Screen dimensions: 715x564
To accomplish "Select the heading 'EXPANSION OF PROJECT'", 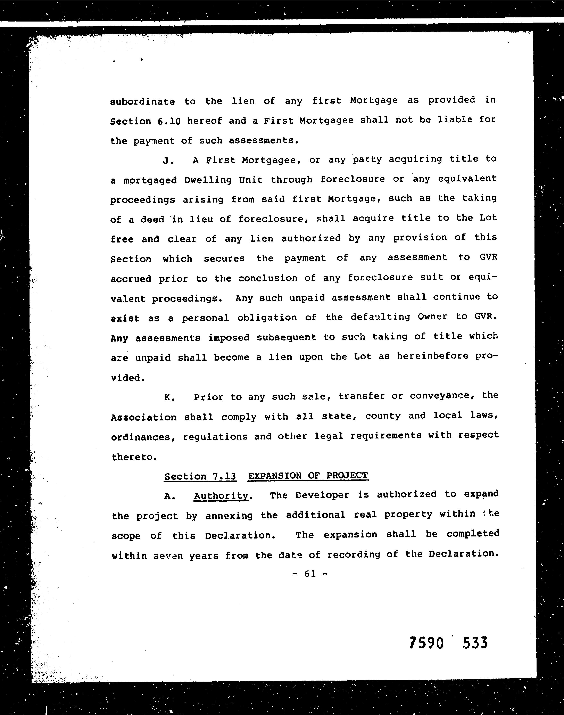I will pyautogui.click(x=308, y=476).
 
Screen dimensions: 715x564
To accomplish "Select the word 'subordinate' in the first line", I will pyautogui.click(x=142, y=101).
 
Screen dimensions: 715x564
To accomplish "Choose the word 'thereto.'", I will pyautogui.click(x=134, y=457).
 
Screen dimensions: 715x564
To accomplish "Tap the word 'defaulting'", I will pyautogui.click(x=380, y=317).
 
